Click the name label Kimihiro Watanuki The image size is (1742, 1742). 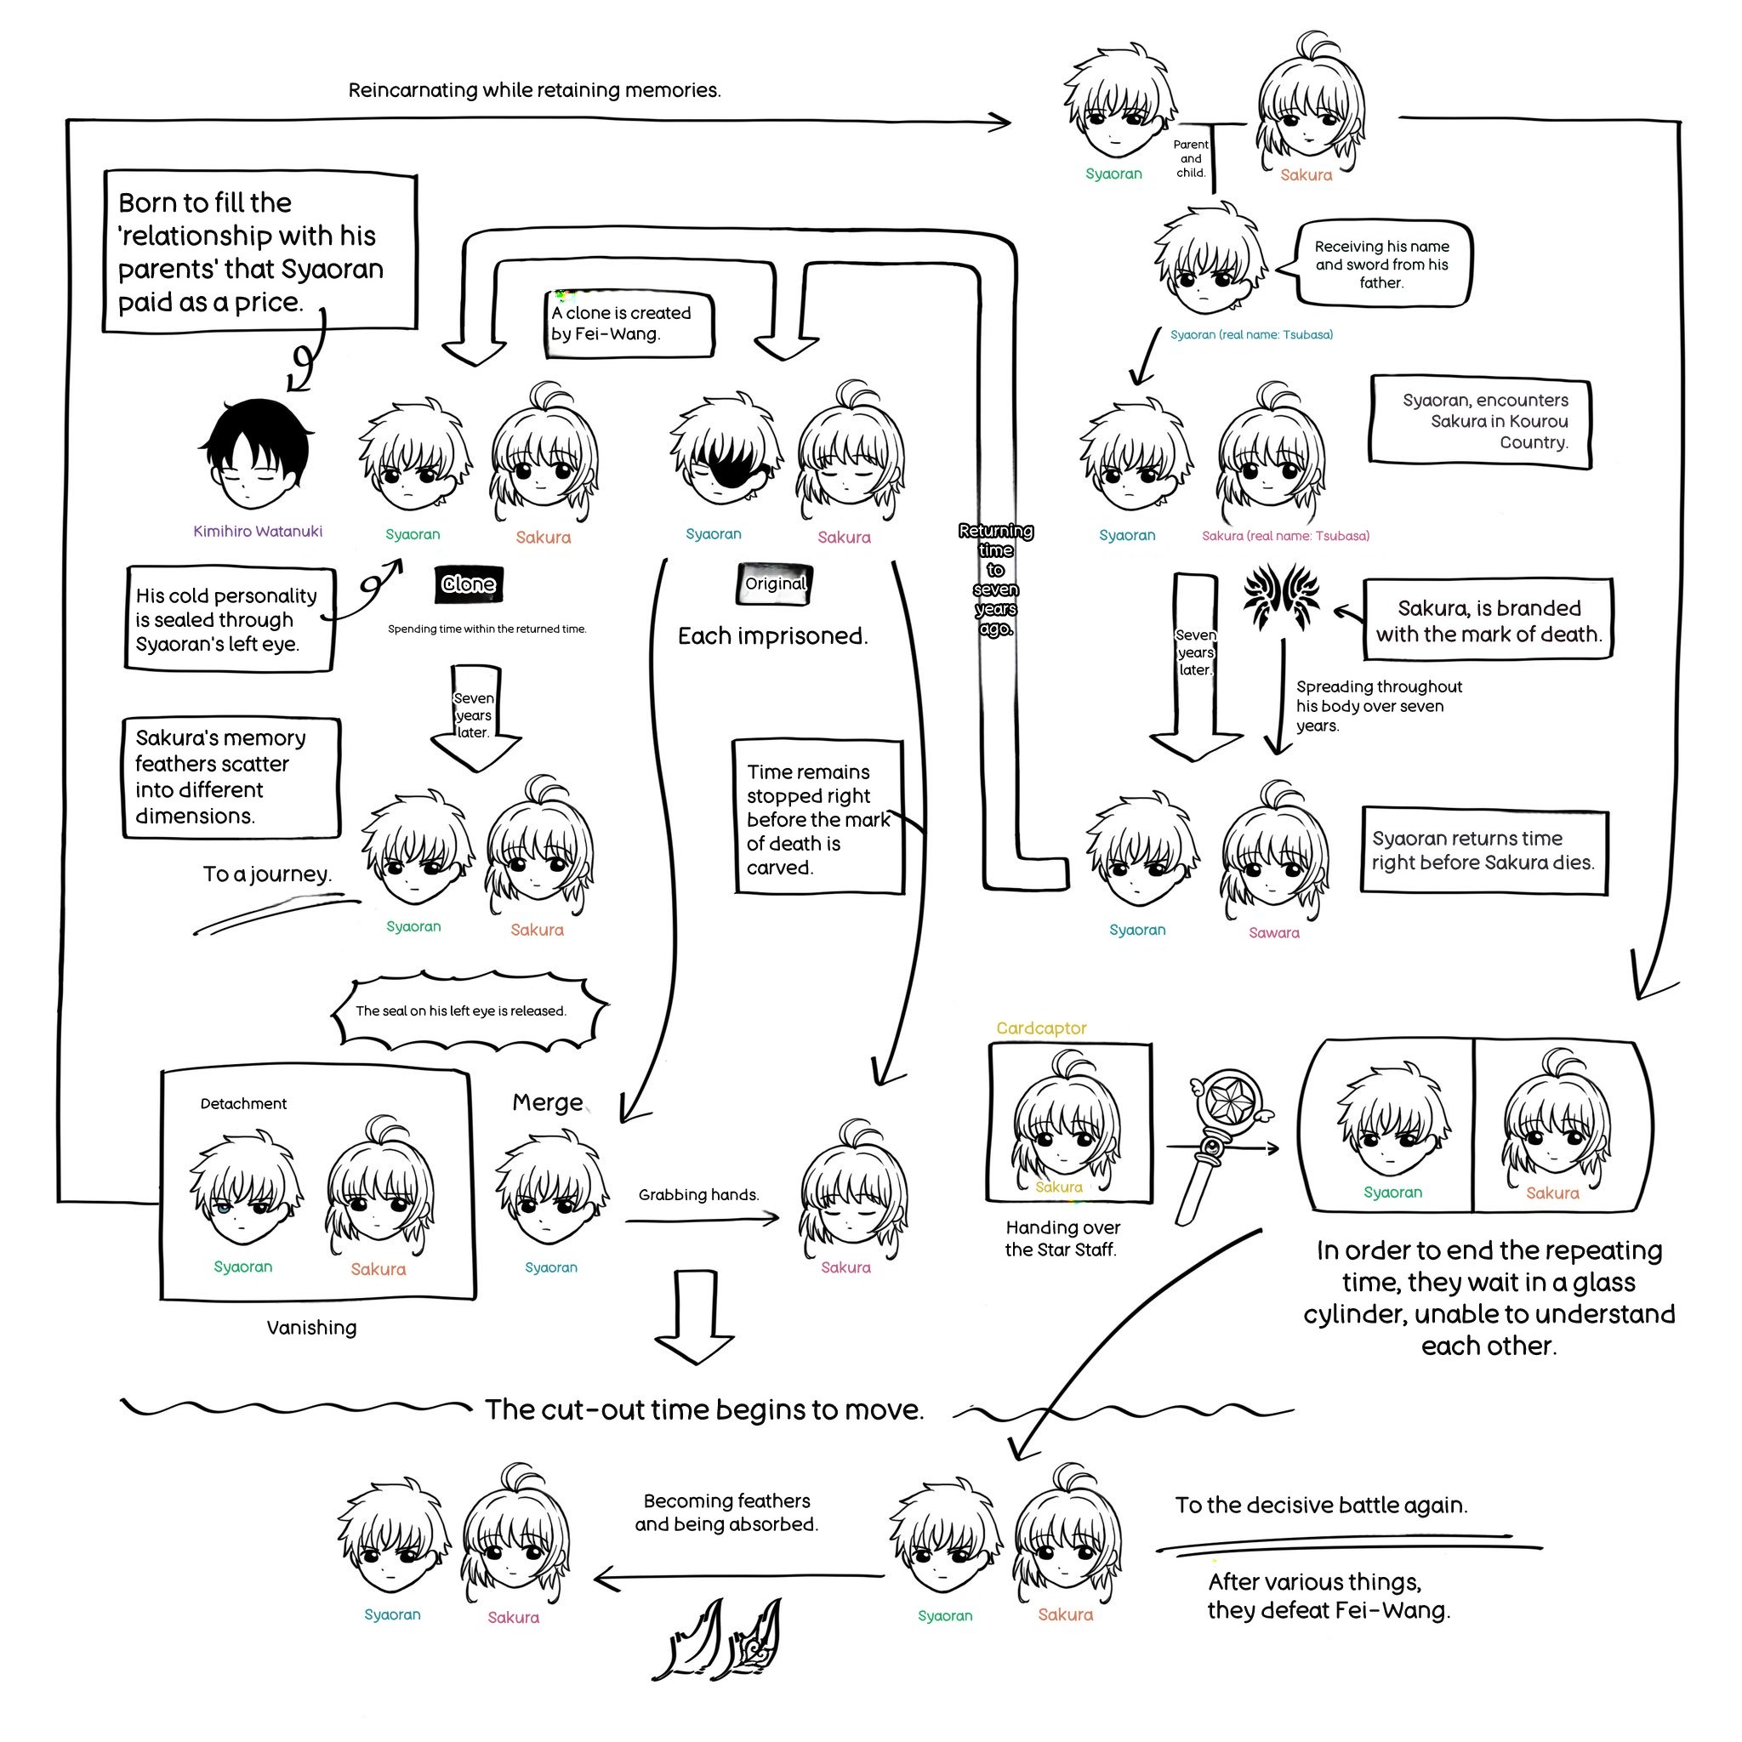(258, 532)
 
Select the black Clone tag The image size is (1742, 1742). (469, 584)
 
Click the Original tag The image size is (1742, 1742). (775, 584)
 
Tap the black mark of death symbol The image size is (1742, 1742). (1281, 598)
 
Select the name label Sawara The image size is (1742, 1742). (1273, 933)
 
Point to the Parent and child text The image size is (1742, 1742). (1190, 159)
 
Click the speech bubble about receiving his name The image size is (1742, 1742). (1381, 265)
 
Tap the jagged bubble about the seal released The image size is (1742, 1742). (462, 1011)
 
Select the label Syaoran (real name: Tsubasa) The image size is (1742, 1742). (1251, 335)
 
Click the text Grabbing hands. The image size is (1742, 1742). (699, 1196)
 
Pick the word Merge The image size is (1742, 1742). (547, 1102)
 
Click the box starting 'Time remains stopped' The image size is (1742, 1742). (817, 817)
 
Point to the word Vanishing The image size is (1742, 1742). (312, 1328)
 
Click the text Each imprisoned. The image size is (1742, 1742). (772, 636)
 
